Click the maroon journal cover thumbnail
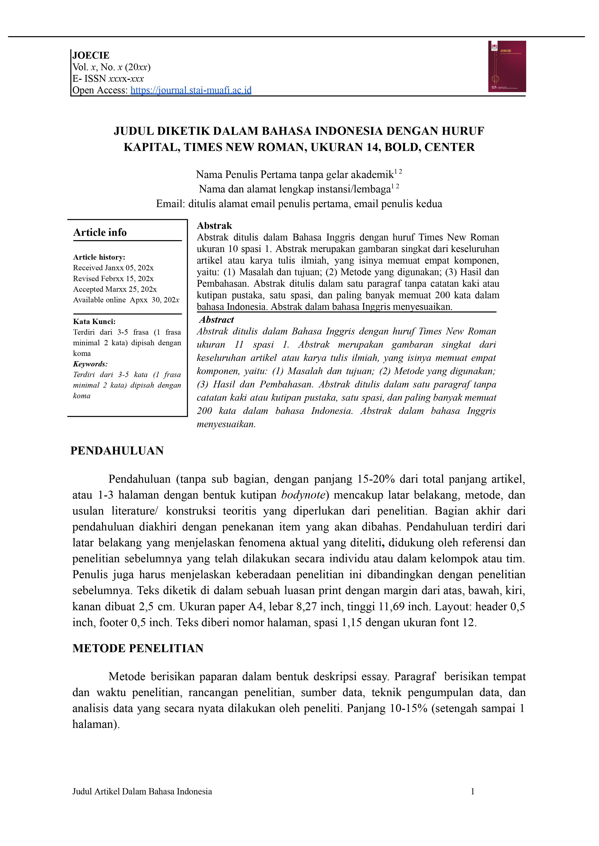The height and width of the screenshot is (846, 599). click(x=507, y=66)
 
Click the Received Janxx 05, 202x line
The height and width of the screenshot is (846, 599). click(x=113, y=268)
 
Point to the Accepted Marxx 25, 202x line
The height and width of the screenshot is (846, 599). click(x=115, y=289)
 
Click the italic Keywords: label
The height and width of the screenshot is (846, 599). click(x=90, y=364)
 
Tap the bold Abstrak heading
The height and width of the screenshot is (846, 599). click(x=214, y=226)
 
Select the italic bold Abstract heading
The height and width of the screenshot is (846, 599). click(x=217, y=320)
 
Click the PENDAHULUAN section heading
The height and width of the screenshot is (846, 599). click(x=117, y=451)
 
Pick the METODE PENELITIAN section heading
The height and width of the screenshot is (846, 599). click(x=138, y=648)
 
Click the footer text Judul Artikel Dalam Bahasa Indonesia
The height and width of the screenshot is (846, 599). click(x=142, y=792)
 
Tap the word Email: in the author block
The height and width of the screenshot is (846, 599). click(x=170, y=204)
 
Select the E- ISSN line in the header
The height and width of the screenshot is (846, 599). click(x=108, y=79)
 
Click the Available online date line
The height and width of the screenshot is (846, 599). click(x=126, y=300)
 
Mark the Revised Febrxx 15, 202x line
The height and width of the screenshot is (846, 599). click(x=113, y=278)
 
